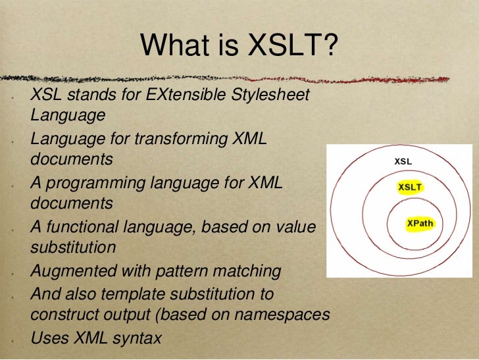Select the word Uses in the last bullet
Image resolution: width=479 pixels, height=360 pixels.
[49, 338]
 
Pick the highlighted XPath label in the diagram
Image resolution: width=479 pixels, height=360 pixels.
[420, 223]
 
